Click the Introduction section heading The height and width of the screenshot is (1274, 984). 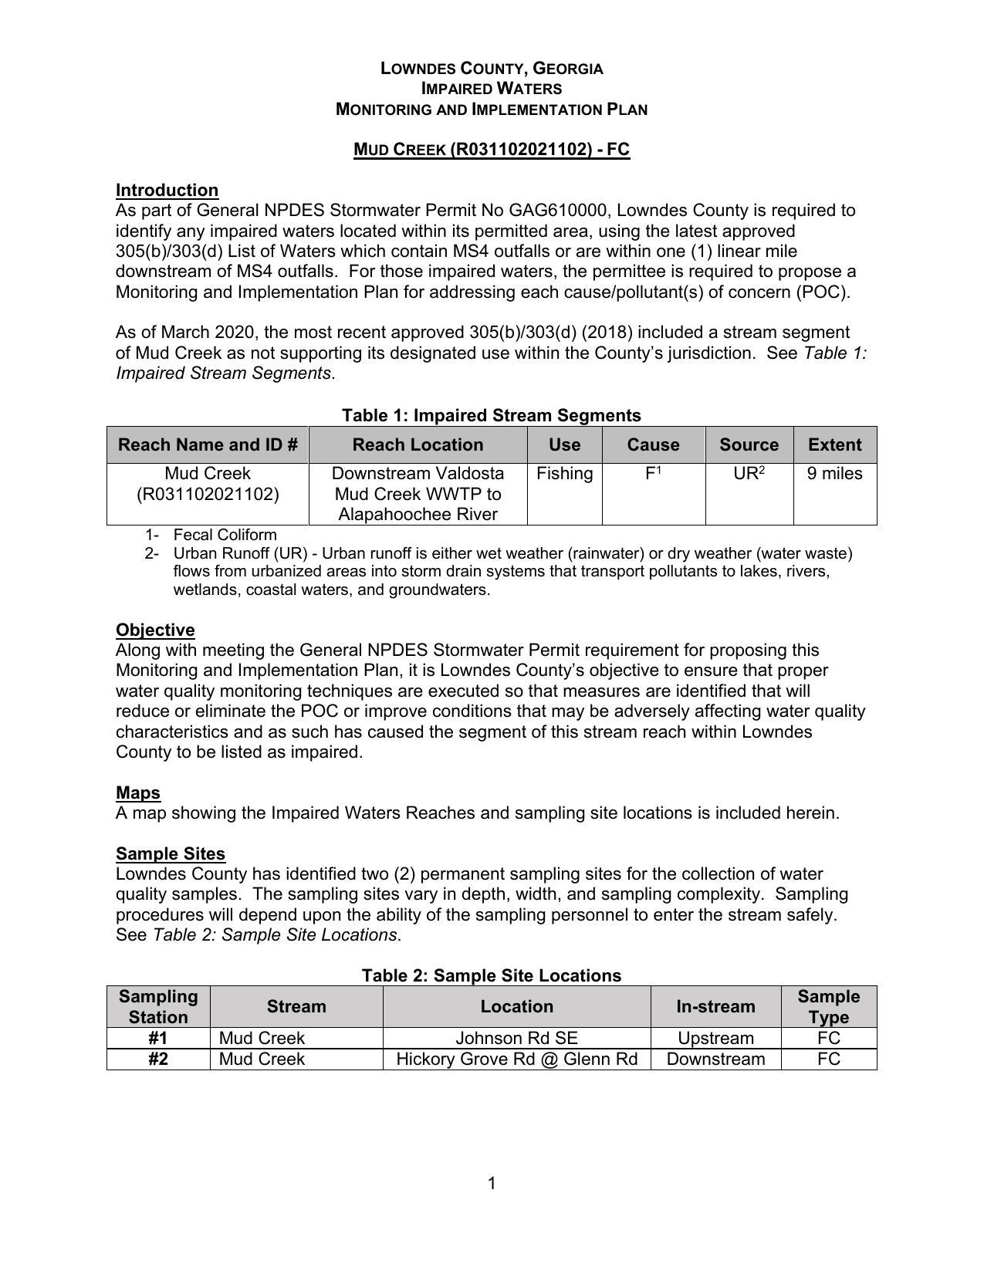point(167,190)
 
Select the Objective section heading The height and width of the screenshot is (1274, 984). point(155,630)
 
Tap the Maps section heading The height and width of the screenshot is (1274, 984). point(138,792)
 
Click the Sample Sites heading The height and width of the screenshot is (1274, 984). point(171,853)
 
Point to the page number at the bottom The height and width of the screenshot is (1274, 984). point(492,1183)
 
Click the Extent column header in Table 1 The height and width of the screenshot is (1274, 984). point(834,444)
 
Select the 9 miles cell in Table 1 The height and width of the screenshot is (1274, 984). point(834,473)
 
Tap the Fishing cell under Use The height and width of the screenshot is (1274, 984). point(564,473)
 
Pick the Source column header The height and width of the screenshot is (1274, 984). point(749,444)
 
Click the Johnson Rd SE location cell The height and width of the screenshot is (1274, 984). point(516,1038)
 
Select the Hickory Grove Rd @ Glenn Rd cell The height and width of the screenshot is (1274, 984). point(516,1059)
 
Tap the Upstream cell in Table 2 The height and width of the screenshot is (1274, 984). point(715,1038)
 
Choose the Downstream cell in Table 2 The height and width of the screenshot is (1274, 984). point(715,1059)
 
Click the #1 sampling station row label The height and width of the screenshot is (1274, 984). point(158,1038)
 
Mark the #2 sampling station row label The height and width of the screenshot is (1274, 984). point(158,1059)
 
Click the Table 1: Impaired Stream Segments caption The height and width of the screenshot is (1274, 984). point(492,415)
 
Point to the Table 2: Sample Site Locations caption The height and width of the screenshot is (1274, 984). point(492,975)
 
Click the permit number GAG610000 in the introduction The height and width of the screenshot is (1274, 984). point(559,210)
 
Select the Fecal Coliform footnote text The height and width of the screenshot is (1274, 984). point(225,535)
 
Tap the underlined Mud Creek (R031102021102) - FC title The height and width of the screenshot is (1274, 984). point(492,149)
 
